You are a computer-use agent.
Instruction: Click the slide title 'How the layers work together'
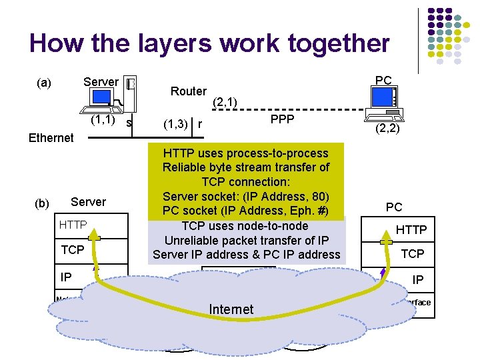[209, 43]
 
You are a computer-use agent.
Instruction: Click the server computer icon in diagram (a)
[113, 97]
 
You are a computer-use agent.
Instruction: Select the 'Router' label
[189, 91]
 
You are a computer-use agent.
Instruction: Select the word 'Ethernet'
[51, 138]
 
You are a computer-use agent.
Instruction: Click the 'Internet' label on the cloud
[231, 309]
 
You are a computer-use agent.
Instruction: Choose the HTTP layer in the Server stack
[73, 225]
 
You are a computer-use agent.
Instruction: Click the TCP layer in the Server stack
[73, 250]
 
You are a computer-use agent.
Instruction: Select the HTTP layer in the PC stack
[411, 230]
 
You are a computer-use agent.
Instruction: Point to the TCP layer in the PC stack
[412, 254]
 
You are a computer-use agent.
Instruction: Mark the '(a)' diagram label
[44, 83]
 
